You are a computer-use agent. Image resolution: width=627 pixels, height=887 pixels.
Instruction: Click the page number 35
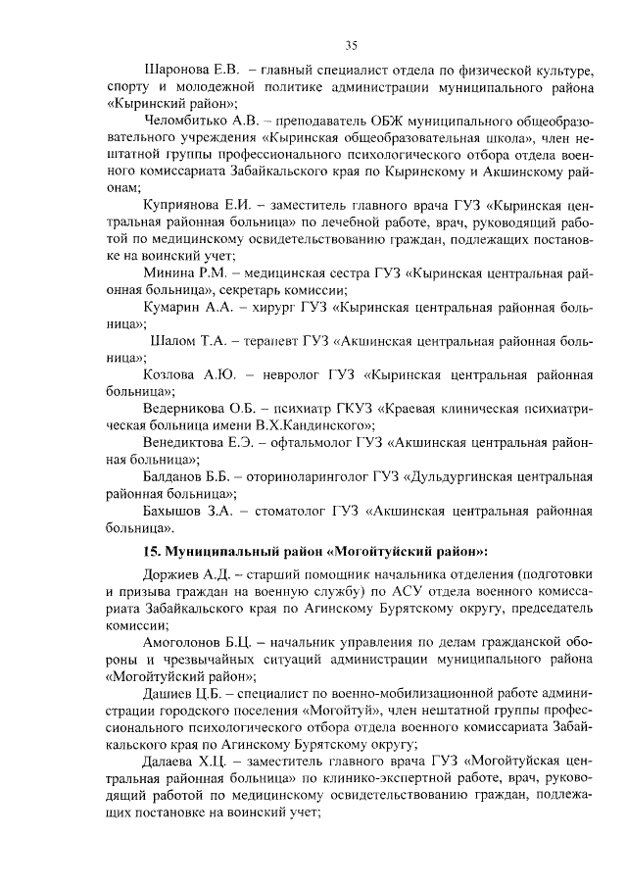click(x=351, y=43)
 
